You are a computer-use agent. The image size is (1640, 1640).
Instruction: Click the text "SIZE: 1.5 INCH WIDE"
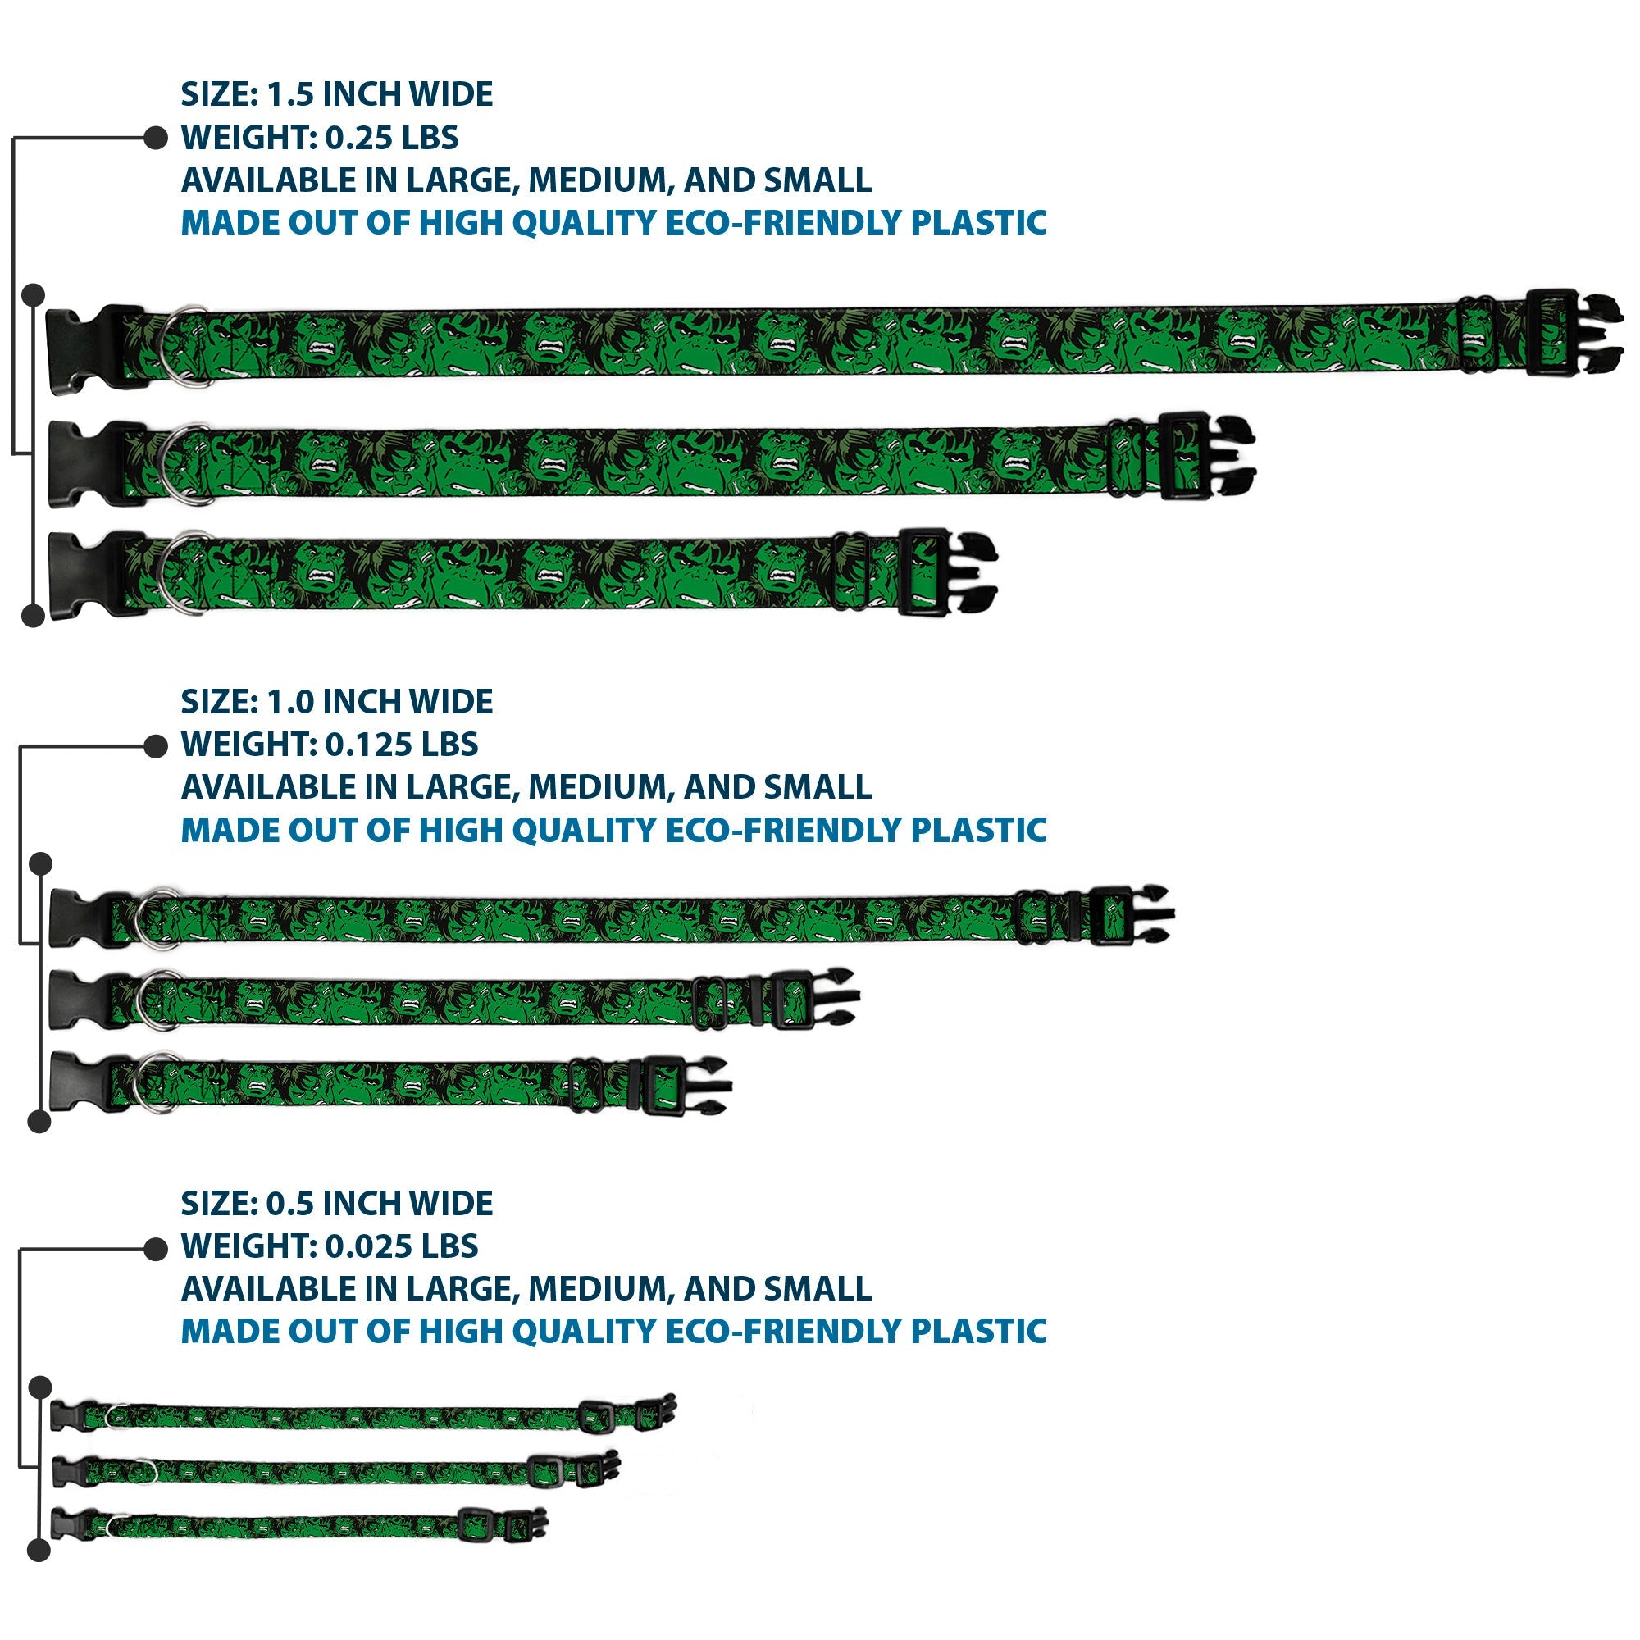[336, 94]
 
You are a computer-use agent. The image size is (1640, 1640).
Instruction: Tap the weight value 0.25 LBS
[391, 138]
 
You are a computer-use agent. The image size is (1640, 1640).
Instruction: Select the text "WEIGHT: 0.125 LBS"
[330, 745]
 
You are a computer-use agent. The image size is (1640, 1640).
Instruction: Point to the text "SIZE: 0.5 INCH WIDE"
[336, 1204]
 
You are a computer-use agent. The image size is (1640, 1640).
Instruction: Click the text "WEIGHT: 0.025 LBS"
[330, 1246]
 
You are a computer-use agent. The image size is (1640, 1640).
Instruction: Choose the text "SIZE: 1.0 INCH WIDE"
[336, 702]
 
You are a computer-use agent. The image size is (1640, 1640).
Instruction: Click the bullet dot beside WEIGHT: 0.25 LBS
[155, 138]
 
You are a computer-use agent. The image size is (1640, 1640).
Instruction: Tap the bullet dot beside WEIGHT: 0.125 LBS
[155, 746]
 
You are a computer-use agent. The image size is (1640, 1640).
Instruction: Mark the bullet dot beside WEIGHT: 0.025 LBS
[155, 1249]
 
